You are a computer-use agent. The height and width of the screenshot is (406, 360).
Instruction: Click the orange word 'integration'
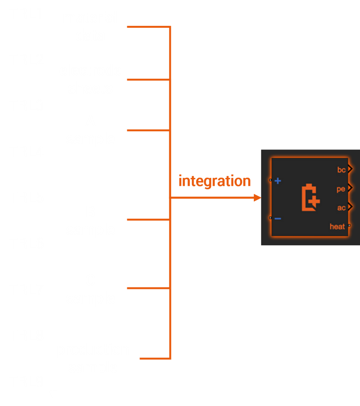[214, 181]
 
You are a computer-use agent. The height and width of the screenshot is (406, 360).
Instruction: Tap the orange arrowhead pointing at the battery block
[257, 197]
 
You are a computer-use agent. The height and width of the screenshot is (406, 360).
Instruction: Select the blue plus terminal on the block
[278, 181]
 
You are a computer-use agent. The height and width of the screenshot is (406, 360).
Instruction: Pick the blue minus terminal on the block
[278, 219]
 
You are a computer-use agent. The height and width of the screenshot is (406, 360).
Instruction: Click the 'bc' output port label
[341, 170]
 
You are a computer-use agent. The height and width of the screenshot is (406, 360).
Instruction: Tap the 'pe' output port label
[341, 189]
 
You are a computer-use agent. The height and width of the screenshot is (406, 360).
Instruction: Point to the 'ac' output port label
[341, 208]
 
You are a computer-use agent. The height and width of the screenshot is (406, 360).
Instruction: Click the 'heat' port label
[337, 227]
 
